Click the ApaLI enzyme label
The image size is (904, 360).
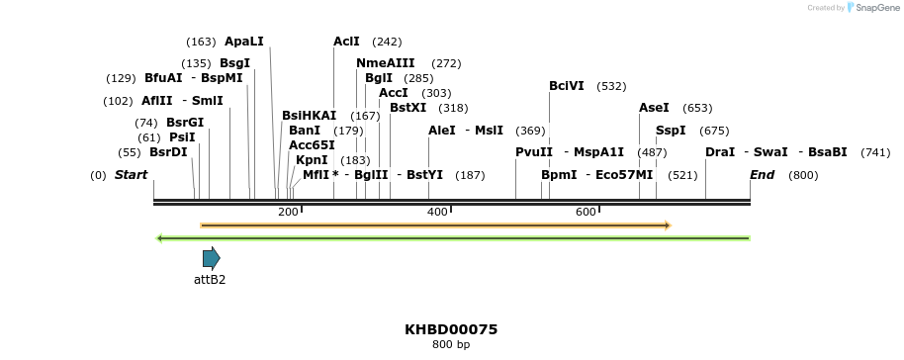(244, 42)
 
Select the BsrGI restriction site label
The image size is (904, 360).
(185, 123)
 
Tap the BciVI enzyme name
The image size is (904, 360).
(567, 86)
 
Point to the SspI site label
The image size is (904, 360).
(671, 131)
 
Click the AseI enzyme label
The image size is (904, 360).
(654, 108)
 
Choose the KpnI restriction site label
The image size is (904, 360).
(312, 160)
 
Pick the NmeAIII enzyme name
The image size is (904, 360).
(386, 63)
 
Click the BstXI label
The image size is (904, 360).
(407, 108)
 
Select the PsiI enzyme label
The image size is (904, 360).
(182, 137)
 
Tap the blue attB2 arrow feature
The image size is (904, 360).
(211, 259)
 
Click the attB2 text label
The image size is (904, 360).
(210, 280)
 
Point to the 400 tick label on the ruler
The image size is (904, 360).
(437, 212)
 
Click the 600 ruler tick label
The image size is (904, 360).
(586, 212)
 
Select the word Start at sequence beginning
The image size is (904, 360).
(131, 175)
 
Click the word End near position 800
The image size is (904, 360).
(762, 175)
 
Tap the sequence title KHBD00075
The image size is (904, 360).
(451, 329)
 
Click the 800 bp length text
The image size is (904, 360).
(451, 345)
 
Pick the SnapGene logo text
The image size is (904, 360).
(875, 8)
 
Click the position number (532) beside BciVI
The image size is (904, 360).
(611, 86)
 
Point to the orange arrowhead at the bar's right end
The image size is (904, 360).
(668, 225)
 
